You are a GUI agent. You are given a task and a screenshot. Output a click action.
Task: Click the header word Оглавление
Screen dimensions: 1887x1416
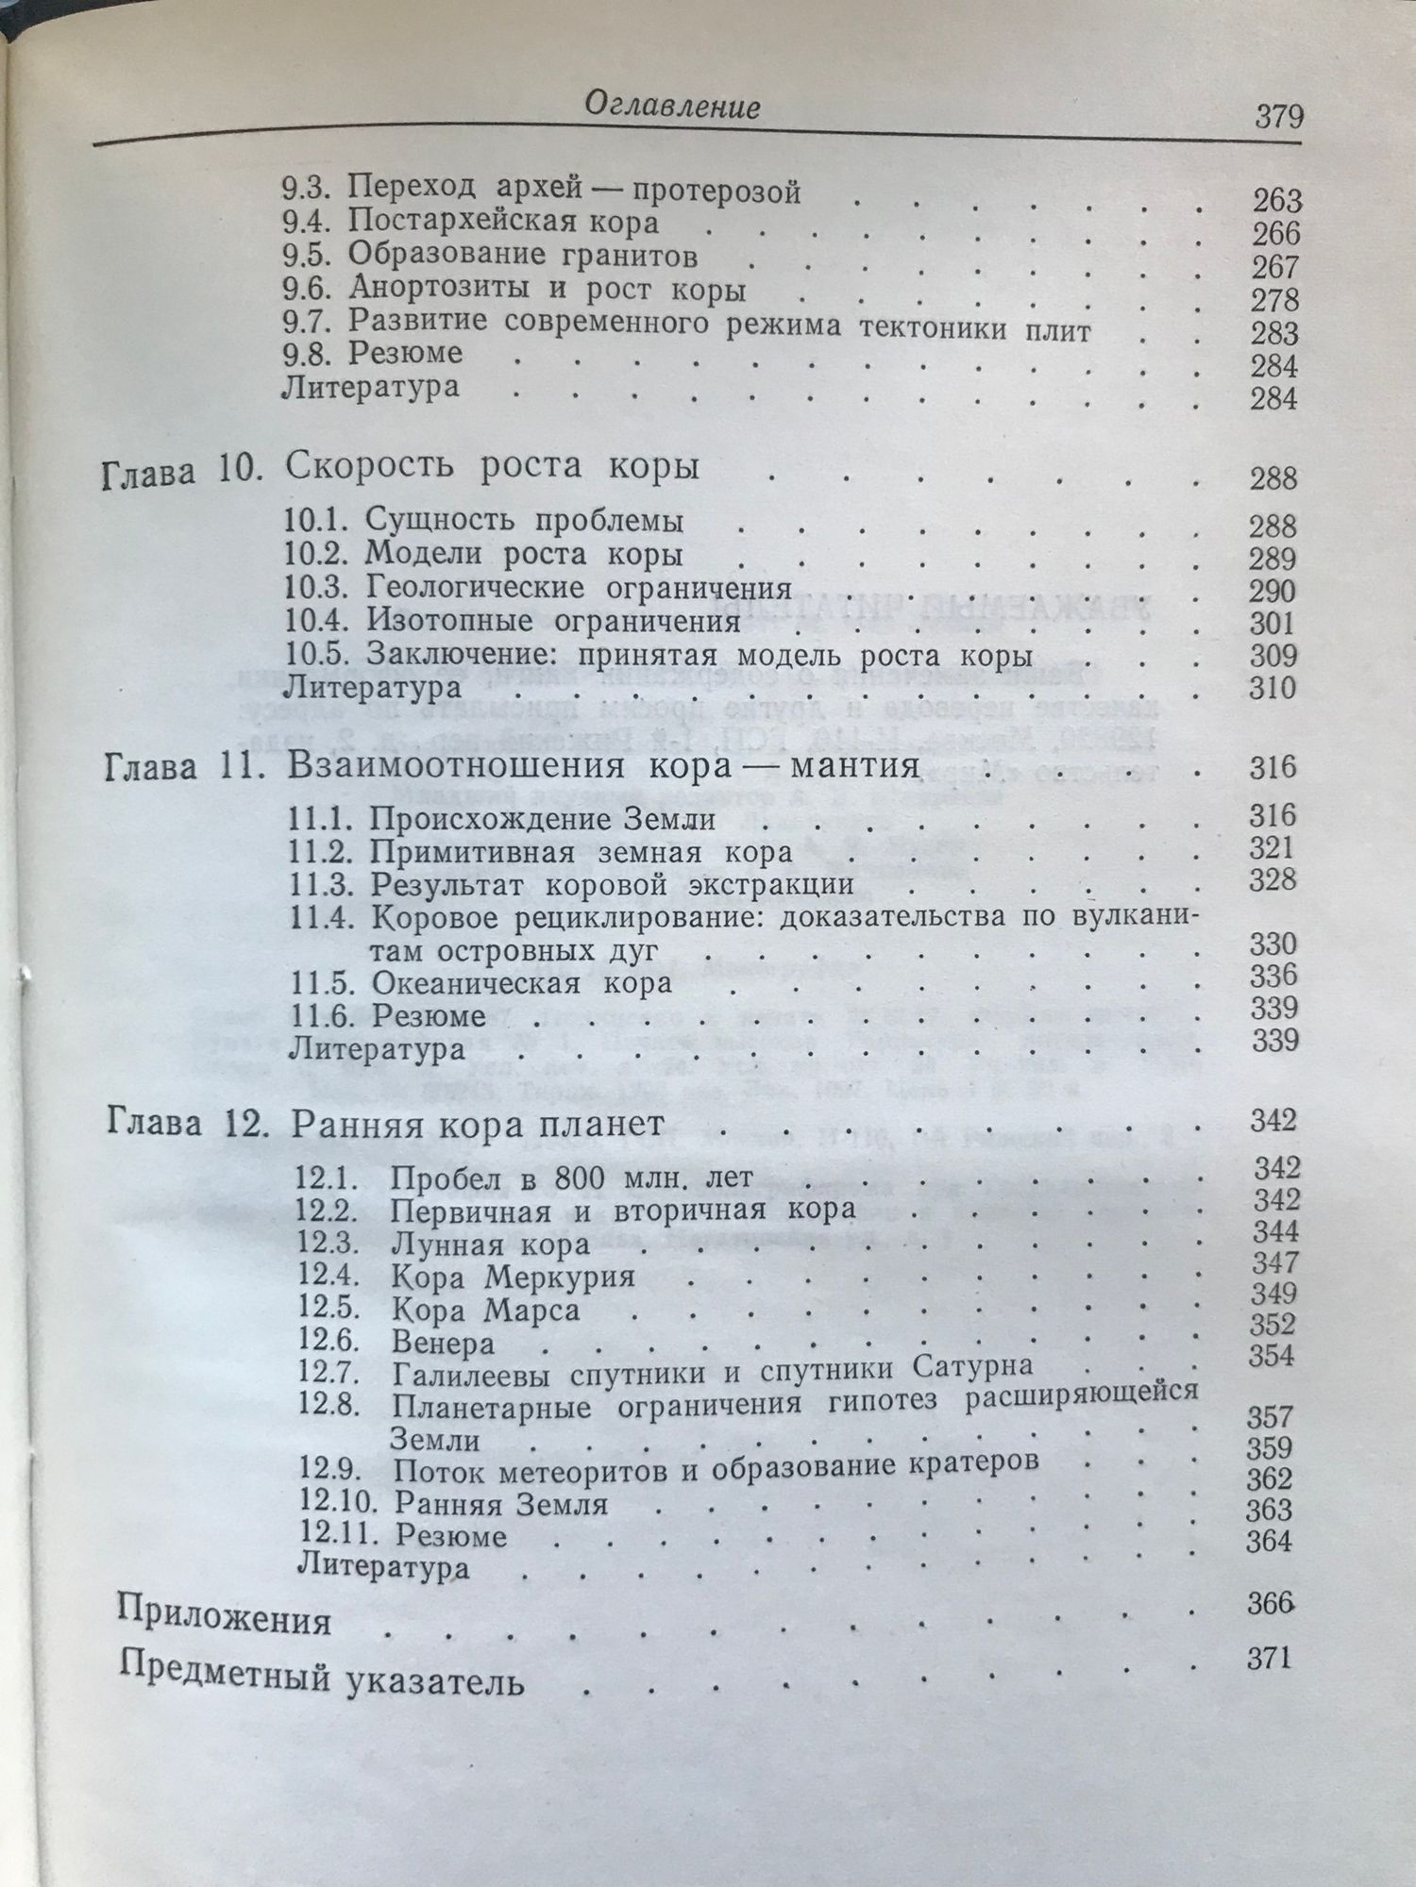tap(672, 107)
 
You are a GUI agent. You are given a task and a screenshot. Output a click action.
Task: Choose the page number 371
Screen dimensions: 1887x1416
tap(1268, 1658)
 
